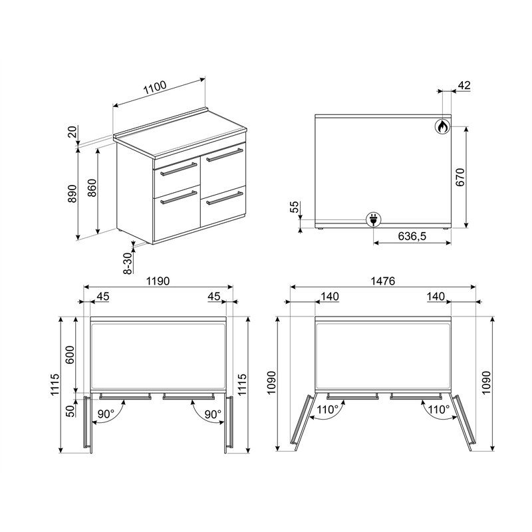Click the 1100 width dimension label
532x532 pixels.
click(x=155, y=88)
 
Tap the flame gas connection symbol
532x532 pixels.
click(x=442, y=127)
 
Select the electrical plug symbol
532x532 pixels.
click(x=374, y=219)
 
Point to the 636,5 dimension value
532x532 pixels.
click(x=412, y=236)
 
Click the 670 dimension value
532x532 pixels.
click(x=460, y=177)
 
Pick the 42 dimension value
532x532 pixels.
click(x=464, y=85)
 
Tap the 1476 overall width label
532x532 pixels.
click(x=383, y=281)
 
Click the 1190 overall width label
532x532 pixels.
click(x=158, y=281)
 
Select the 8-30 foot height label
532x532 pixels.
click(x=127, y=263)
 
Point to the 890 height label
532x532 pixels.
click(x=72, y=194)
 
